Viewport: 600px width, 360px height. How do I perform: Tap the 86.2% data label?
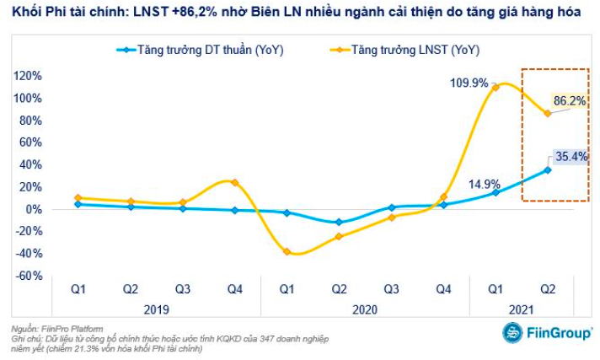(570, 100)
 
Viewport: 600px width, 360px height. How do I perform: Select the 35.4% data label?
(570, 156)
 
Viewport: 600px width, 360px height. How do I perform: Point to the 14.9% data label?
(485, 184)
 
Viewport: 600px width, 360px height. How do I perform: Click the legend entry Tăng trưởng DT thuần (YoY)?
(201, 50)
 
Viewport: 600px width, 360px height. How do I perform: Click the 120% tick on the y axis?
(26, 76)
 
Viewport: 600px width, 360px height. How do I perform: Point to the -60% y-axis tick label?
(28, 276)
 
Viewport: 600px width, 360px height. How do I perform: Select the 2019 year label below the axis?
(156, 309)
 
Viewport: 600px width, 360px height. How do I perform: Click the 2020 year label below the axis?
(365, 309)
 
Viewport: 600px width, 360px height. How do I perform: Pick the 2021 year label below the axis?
(522, 309)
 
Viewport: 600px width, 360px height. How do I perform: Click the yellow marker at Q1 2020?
(287, 251)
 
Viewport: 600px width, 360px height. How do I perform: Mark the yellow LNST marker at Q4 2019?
(235, 182)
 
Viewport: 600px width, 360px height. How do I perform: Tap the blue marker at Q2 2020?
(340, 223)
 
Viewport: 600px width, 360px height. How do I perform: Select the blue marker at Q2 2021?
(548, 169)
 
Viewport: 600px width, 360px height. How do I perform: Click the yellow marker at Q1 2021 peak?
(496, 87)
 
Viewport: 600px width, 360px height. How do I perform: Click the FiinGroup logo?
(548, 332)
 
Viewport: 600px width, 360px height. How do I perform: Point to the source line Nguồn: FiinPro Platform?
(56, 329)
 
